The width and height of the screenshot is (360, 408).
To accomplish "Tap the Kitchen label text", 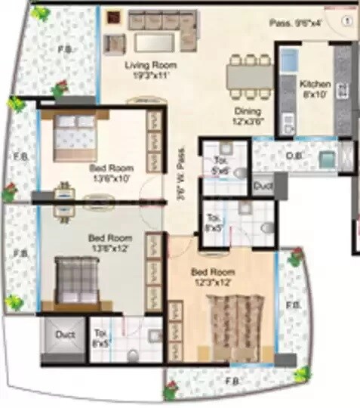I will click(314, 88).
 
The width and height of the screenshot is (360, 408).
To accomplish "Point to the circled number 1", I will click(346, 22).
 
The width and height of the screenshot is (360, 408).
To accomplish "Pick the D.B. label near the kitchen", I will click(294, 158).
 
